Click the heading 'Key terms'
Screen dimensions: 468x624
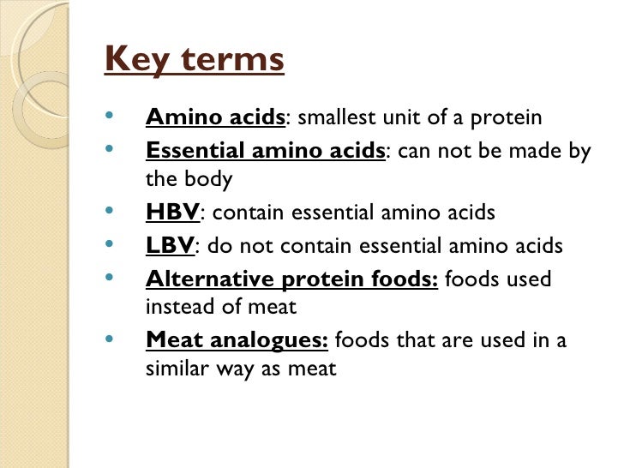pos(194,60)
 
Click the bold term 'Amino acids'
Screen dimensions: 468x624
pos(215,118)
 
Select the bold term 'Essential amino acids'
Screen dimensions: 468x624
pos(266,152)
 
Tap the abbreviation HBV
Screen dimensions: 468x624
pos(172,213)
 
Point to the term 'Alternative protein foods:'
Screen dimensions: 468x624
pos(292,279)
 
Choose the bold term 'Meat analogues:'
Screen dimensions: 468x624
pos(237,340)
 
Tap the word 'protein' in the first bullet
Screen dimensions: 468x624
pos(512,118)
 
